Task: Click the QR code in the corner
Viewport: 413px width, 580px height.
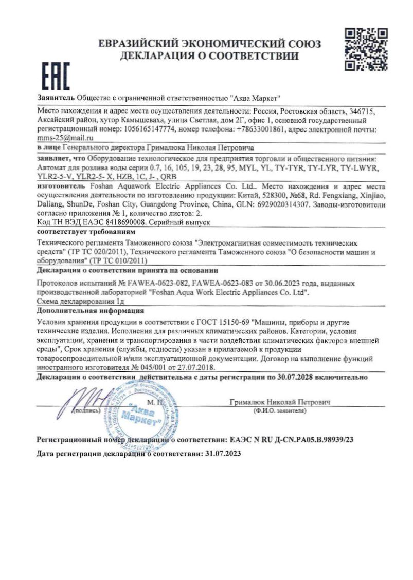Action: tap(365, 50)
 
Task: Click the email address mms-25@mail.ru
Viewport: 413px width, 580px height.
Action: tap(65, 138)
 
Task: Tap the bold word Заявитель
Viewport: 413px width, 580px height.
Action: tap(56, 97)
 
